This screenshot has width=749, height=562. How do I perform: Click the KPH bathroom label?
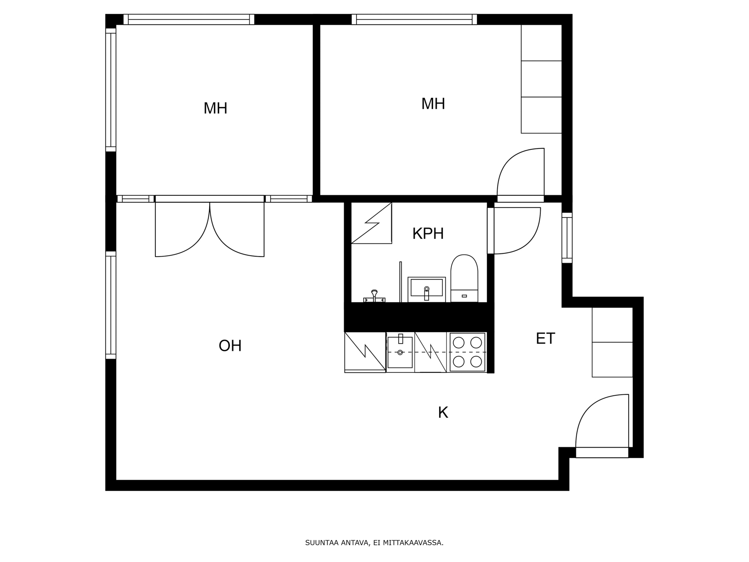point(427,233)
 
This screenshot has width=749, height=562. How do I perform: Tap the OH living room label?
point(230,346)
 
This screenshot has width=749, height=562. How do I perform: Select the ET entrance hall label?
point(545,339)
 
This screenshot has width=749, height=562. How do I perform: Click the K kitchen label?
point(442,413)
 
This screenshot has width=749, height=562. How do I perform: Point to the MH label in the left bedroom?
point(215,109)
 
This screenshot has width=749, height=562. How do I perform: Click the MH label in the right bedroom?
point(433,104)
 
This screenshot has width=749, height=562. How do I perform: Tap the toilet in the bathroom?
point(464,279)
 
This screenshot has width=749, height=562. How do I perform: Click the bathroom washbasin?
point(426,289)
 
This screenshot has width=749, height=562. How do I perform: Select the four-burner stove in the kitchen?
point(467,352)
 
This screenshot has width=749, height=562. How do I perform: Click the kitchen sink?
point(400,352)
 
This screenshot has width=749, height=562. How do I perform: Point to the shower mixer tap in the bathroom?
point(374,296)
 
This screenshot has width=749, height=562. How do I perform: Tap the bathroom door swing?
point(515,230)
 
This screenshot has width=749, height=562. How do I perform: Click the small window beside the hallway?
point(566,237)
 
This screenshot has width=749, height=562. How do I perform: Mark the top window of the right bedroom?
point(414,19)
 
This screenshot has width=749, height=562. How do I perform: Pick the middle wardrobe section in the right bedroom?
point(541,79)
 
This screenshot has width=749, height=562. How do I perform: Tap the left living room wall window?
point(110,305)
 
